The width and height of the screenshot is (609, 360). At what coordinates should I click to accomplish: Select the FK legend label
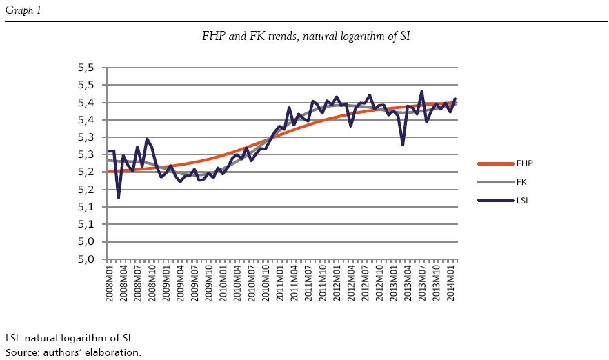pos(521,181)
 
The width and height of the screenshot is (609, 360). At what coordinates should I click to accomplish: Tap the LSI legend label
pos(523,200)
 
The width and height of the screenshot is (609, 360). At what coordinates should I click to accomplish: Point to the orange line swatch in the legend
pos(495,163)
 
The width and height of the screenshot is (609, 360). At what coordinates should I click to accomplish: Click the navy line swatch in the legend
pos(495,200)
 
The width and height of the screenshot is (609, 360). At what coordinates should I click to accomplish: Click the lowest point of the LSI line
pos(119,198)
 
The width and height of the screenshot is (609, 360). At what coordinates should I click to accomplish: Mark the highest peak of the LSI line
pos(421,92)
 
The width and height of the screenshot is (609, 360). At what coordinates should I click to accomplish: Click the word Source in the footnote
pos(21,352)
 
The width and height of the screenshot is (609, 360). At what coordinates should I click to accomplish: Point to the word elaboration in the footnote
pos(114,352)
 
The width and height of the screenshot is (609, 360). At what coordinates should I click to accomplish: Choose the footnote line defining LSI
pos(69,338)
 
